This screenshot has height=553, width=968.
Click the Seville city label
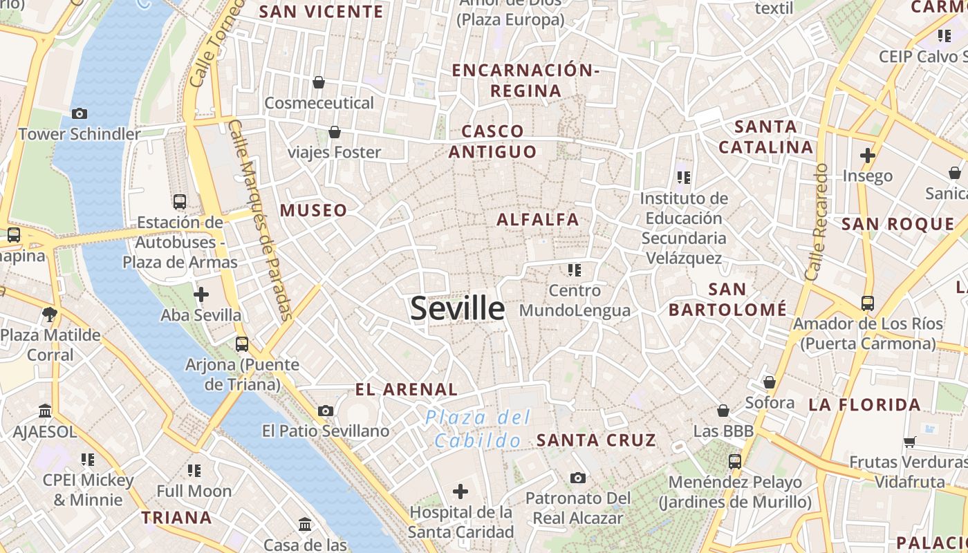pos(457,308)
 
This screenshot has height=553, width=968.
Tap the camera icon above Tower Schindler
pos(80,113)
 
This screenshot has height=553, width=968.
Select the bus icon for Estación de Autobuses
pos(180,202)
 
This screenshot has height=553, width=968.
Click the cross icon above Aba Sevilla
pos(201,295)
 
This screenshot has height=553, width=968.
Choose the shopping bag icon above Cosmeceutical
pos(319,83)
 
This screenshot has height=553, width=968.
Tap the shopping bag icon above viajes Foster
pos(335,132)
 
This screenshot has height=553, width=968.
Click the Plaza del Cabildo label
pos(478,429)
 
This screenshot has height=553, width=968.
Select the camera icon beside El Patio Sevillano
pos(326,411)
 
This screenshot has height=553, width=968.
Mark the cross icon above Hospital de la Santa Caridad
pos(460,491)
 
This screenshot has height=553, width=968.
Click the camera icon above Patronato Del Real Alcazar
pos(578,478)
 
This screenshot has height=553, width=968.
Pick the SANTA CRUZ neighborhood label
pos(596,440)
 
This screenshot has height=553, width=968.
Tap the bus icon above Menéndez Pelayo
pos(734,461)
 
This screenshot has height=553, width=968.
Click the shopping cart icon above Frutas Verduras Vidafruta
pos(910,442)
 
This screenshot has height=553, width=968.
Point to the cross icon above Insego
pos(868,156)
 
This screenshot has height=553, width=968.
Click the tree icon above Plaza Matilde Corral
pos(50,315)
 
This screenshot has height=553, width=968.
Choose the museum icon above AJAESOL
pos(46,411)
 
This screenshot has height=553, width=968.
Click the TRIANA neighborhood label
pos(176,518)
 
